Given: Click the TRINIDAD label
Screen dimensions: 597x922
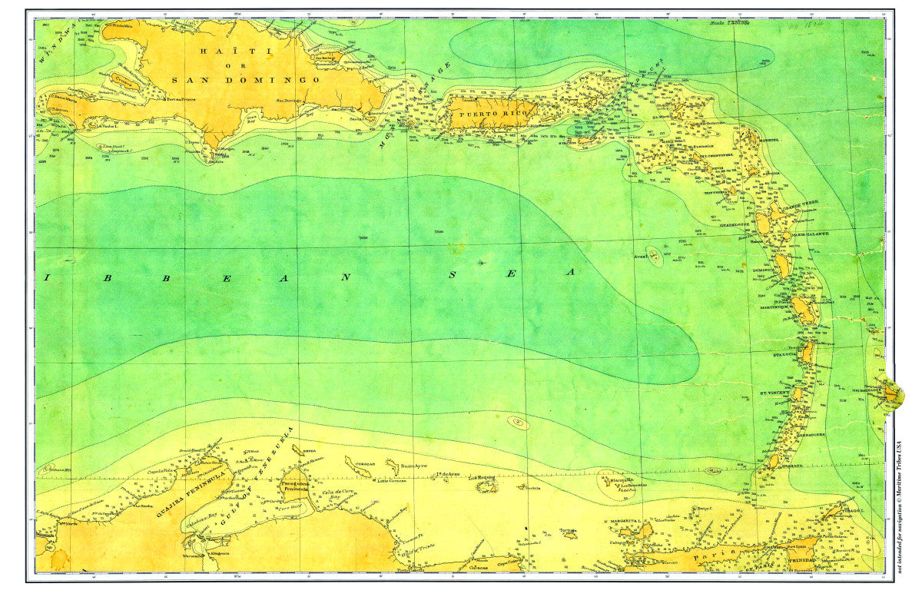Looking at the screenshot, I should [801, 562].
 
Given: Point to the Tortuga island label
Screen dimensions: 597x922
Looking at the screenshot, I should [568, 529].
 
